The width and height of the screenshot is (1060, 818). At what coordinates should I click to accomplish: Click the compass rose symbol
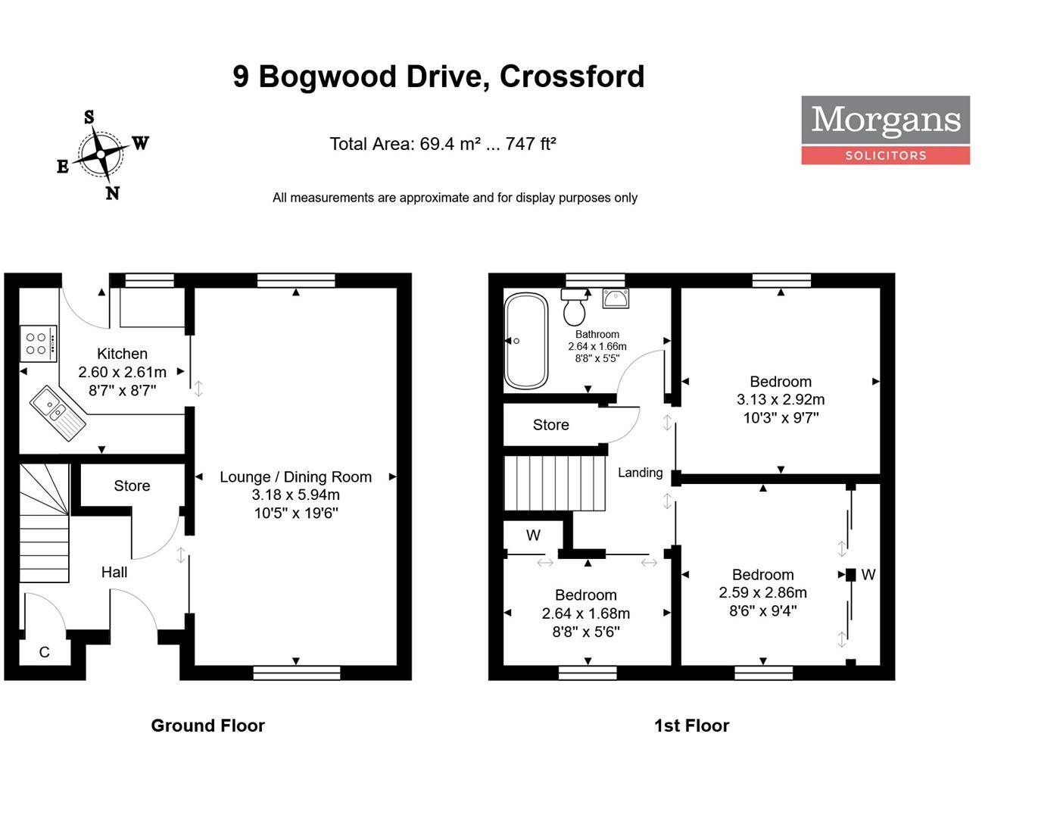(101, 155)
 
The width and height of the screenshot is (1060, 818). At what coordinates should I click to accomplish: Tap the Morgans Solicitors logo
(885, 130)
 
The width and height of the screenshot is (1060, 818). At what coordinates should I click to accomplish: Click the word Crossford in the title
(572, 76)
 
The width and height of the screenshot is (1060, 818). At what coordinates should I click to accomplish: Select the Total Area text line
(443, 144)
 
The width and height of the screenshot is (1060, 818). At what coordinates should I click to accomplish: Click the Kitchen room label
(122, 354)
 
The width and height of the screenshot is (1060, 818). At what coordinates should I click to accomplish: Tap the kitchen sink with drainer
(58, 412)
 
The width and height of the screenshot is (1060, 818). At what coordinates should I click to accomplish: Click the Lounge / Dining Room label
(295, 477)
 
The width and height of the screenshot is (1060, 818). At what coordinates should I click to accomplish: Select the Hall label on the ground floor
(114, 573)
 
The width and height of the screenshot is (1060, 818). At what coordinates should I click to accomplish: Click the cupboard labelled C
(44, 652)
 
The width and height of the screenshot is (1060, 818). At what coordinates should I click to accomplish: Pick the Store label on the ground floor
(132, 486)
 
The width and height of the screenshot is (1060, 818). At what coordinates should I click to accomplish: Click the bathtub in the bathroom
(526, 341)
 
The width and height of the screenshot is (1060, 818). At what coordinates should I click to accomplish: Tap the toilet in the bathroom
(575, 307)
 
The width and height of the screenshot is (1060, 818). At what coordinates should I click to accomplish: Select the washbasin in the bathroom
(616, 298)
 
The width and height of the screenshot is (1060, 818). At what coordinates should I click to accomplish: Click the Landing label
(640, 473)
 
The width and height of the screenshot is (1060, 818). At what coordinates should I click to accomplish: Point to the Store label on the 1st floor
(550, 425)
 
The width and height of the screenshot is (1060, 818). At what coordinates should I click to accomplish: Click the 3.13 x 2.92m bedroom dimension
(781, 400)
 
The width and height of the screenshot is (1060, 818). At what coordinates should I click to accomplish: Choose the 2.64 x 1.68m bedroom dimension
(585, 613)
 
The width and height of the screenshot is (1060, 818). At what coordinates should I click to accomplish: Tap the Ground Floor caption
(207, 726)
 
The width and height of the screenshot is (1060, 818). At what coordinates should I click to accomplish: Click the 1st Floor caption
(691, 726)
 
